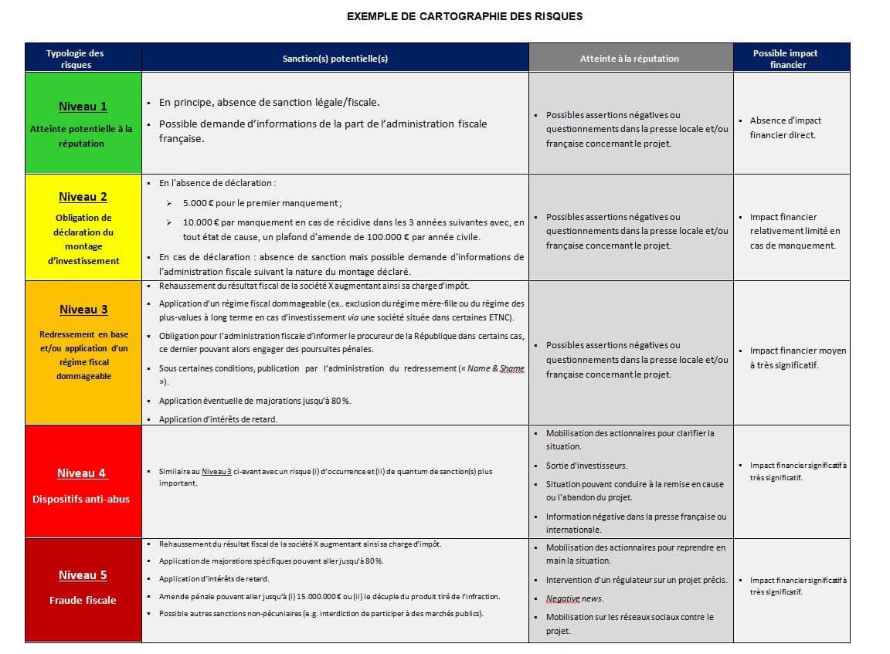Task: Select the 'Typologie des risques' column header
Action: tap(75, 59)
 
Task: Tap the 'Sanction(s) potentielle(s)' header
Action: tap(335, 59)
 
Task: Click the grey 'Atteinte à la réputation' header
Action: tap(630, 59)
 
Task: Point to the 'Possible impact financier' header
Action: tap(786, 59)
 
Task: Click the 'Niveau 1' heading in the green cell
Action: tap(83, 107)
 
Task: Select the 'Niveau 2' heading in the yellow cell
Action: tap(83, 197)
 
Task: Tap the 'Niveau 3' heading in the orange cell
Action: tap(83, 310)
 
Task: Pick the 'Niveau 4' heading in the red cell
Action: tap(82, 473)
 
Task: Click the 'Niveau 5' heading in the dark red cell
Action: tap(83, 575)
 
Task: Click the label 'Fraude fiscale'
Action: tap(83, 600)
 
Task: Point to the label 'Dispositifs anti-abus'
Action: tap(81, 500)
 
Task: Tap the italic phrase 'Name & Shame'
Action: tap(495, 369)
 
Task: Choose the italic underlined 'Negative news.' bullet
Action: tap(575, 598)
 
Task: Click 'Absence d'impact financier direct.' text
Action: tap(785, 127)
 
